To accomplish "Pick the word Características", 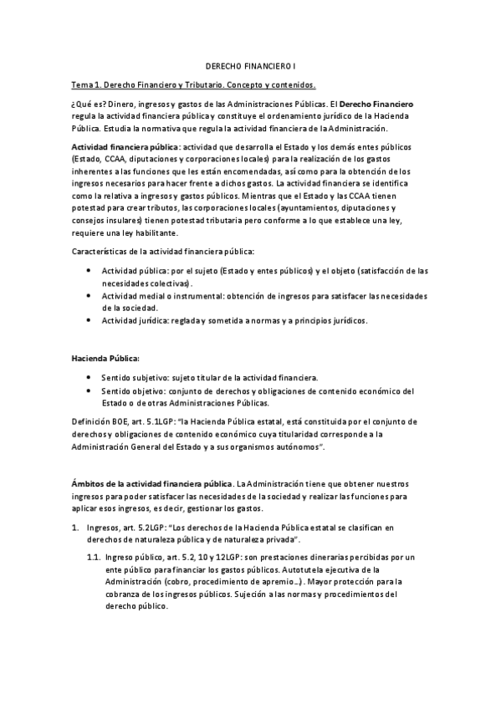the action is pos(103,252).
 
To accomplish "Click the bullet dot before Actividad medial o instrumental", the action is pos(89,298).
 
